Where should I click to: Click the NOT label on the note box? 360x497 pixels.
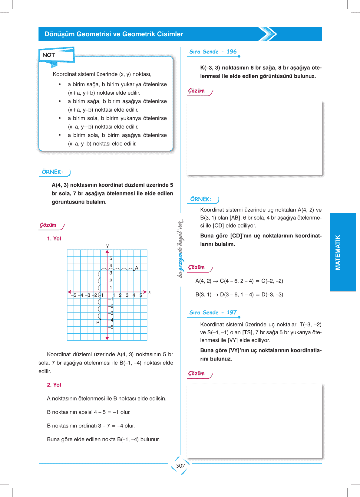click(x=49, y=55)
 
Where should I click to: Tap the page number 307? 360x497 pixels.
click(x=180, y=466)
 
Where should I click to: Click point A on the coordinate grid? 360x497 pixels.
click(x=134, y=270)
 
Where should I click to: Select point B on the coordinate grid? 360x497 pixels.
click(x=100, y=319)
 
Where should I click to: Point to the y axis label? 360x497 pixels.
click(x=107, y=246)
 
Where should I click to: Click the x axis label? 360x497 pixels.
click(x=150, y=292)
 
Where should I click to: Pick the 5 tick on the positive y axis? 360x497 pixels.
click(x=111, y=258)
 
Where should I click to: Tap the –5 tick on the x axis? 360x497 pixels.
click(x=74, y=295)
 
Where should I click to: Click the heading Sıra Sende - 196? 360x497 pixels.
click(x=213, y=52)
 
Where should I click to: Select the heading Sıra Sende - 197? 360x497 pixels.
click(x=213, y=312)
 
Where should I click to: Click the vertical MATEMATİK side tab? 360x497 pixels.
click(x=338, y=252)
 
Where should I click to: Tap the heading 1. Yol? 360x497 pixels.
click(x=54, y=239)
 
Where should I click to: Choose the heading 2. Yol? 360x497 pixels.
click(x=54, y=385)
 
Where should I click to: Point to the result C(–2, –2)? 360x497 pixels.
click(x=272, y=281)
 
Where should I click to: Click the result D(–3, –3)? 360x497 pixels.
click(x=272, y=295)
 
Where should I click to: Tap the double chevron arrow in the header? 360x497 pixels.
click(x=268, y=34)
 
